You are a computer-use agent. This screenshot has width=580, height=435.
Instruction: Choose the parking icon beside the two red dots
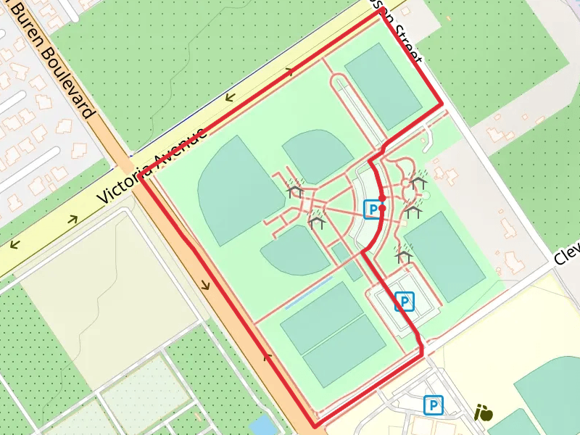point(371,210)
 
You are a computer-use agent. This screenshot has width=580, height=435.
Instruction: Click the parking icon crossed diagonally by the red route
point(405,301)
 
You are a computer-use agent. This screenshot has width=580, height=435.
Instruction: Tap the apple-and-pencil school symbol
point(483,413)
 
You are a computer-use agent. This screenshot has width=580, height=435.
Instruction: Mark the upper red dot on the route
point(382,197)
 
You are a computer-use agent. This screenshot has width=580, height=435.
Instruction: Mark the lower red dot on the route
point(382,207)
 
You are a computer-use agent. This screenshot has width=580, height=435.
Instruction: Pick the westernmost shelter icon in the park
point(294,191)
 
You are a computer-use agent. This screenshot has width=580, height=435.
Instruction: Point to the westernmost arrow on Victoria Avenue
point(14,244)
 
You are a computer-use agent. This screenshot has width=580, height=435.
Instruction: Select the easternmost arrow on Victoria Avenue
point(291,71)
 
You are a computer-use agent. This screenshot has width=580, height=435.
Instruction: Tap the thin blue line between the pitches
point(309,292)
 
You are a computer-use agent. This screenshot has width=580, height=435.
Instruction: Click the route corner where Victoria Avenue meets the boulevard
point(141,177)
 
